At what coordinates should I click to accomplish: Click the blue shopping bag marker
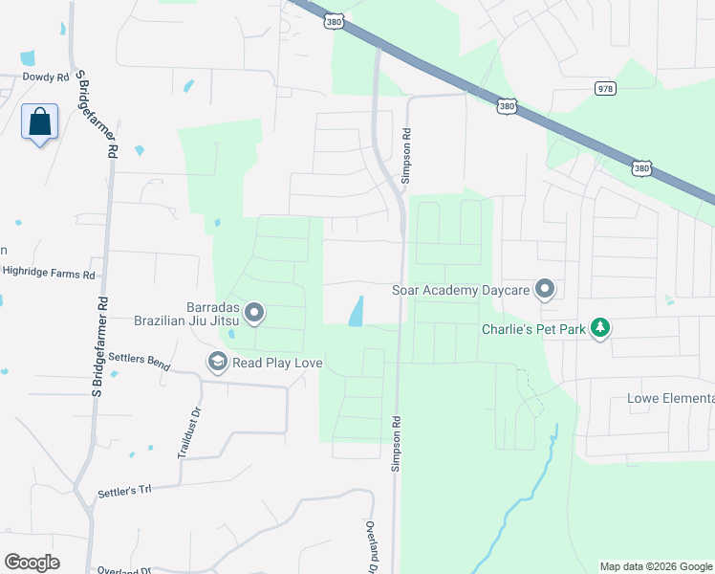(39, 123)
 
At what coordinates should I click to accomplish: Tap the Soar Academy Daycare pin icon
(545, 288)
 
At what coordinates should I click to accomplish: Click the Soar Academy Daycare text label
(462, 289)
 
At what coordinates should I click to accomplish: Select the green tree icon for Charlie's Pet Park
(600, 328)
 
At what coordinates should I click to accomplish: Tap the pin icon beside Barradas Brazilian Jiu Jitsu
(254, 313)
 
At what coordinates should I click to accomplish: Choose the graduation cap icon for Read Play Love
(217, 363)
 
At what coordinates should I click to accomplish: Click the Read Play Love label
(277, 364)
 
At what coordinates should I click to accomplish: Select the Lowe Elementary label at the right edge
(669, 398)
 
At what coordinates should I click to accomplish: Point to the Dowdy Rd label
(46, 77)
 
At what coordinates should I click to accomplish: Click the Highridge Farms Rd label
(49, 273)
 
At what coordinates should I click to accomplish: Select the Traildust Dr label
(184, 433)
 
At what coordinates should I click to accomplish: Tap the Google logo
(32, 562)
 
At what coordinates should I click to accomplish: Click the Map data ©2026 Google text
(656, 566)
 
